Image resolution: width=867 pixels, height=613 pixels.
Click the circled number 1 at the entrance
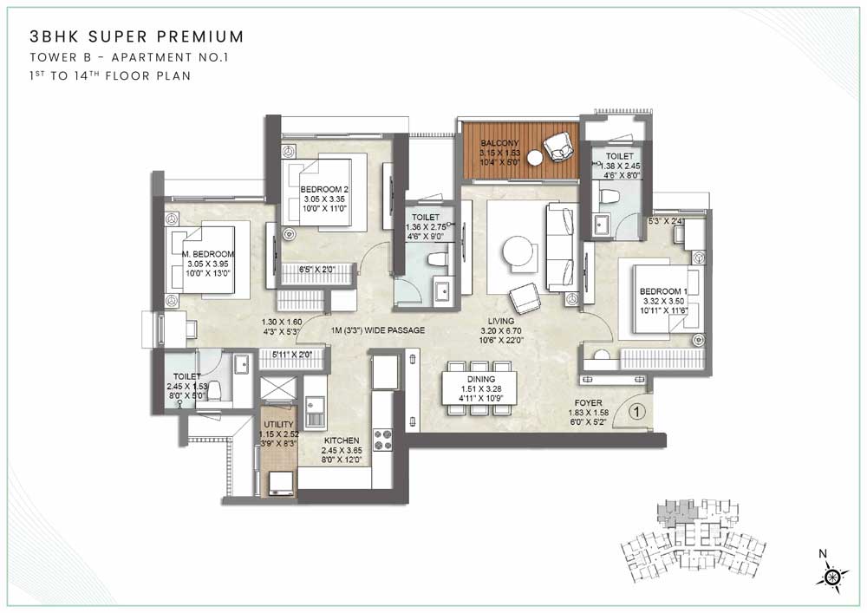tap(637, 411)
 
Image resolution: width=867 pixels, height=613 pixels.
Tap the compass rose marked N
tap(831, 576)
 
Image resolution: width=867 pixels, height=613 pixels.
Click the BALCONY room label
tap(499, 142)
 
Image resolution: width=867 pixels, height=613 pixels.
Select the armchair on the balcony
tap(559, 147)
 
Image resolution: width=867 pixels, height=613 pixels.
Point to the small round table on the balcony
tap(535, 158)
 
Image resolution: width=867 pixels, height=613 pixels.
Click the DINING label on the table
tap(480, 379)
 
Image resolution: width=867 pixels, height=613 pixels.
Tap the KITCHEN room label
tap(342, 440)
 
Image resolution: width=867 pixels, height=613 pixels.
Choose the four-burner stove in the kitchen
tap(382, 440)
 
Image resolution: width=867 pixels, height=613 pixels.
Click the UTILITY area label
tap(278, 425)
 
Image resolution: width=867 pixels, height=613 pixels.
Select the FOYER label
tap(589, 403)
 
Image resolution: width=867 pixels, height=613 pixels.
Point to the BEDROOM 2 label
tap(324, 190)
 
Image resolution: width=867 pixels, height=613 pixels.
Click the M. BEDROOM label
tap(208, 254)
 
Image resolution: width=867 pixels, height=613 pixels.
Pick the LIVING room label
tap(501, 321)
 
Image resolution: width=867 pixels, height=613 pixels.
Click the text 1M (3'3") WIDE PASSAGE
tap(378, 330)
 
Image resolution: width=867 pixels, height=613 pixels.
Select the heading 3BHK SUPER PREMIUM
tap(137, 36)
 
